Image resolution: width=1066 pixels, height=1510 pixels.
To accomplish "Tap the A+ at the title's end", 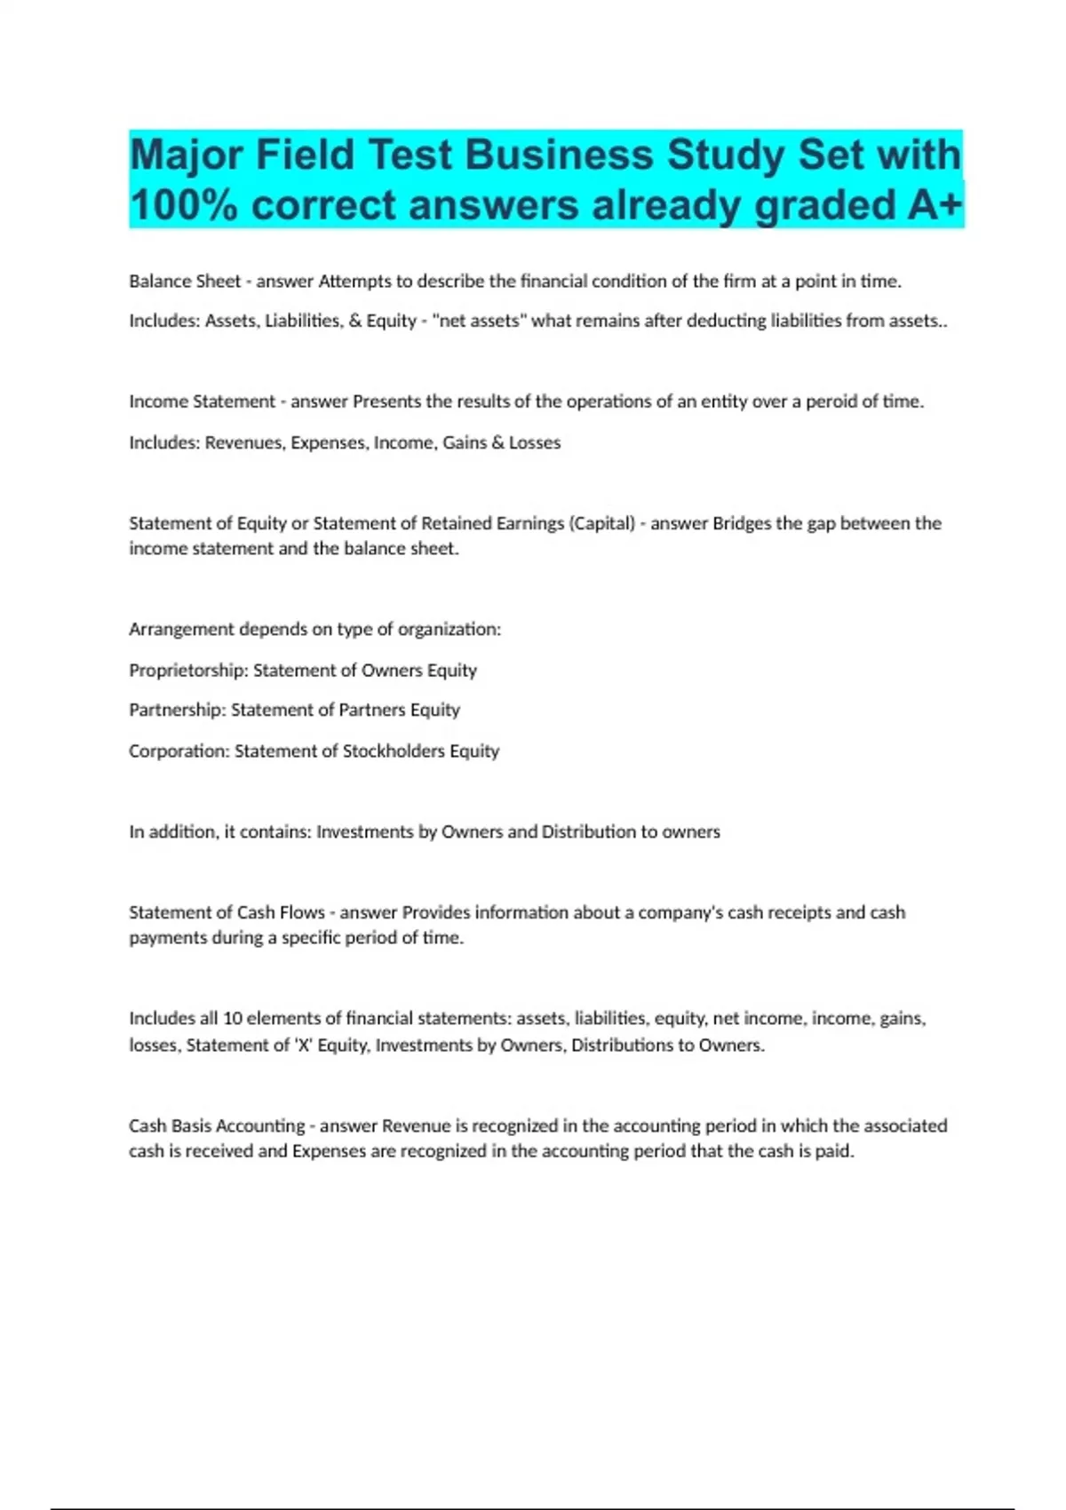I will coord(935,206).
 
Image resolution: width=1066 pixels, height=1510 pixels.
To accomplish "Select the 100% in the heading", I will coord(183,206).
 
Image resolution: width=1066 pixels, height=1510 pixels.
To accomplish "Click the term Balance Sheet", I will coord(185,282).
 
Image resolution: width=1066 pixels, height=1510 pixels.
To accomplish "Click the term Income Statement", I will coord(203,401).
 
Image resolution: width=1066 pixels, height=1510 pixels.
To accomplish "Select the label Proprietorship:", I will coord(188,671).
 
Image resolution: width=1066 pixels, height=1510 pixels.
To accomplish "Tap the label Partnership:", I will coord(177,710).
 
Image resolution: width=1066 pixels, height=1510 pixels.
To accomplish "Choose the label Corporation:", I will coord(179,751).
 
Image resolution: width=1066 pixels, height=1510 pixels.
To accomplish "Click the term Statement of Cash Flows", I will coord(227,912).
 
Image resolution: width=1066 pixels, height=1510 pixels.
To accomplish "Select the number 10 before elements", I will coord(232,1019).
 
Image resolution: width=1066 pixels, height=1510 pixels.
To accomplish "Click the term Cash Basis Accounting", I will coord(217,1126).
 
